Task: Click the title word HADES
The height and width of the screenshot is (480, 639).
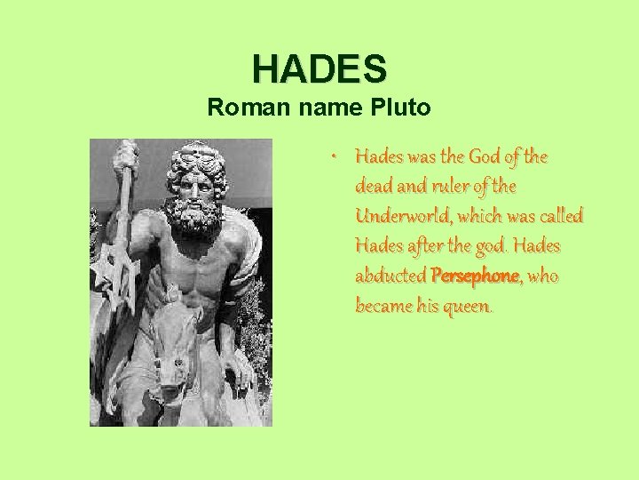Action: coord(319,68)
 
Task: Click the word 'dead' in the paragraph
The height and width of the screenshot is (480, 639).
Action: coord(374,187)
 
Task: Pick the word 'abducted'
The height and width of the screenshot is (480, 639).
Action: coord(390,276)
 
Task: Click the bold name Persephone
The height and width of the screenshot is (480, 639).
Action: coord(475,276)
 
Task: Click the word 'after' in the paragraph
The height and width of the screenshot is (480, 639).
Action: coord(430,246)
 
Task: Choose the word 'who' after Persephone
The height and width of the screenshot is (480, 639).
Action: coord(542,276)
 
